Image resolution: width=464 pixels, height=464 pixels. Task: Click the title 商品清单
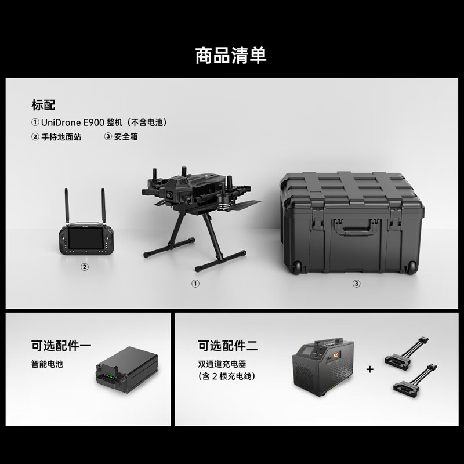231,55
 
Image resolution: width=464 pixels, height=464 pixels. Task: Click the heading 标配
43,105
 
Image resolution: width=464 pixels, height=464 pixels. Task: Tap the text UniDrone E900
72,122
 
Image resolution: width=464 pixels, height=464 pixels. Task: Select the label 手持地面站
61,137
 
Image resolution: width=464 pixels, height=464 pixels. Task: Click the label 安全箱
126,137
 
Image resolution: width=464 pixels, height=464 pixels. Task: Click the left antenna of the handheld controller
67,206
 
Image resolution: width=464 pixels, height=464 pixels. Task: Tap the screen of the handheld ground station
85,238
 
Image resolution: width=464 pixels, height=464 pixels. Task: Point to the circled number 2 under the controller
84,267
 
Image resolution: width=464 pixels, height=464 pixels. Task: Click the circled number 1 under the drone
195,284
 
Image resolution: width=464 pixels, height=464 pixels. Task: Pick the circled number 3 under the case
356,284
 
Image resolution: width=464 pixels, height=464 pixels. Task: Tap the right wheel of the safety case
411,267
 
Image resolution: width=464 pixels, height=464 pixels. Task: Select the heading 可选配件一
61,346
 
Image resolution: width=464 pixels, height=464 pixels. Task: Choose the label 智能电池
47,364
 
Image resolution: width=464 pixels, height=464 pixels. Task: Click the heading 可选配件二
227,346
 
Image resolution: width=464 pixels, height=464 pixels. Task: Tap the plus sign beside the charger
369,369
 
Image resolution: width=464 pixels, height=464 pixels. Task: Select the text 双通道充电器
222,364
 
